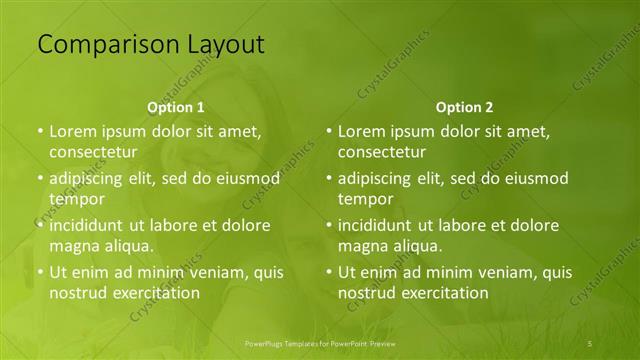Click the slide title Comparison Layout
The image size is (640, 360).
coord(151,45)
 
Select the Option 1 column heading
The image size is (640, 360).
coord(176,107)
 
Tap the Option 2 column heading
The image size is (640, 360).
coord(464,107)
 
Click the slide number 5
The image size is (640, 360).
coord(590,343)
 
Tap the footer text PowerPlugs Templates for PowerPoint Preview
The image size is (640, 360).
coord(320,343)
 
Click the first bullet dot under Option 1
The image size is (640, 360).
coord(40,132)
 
